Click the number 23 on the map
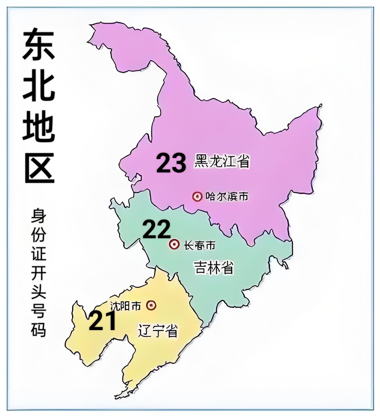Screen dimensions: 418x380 tap(171, 163)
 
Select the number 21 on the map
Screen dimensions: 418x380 tap(102, 321)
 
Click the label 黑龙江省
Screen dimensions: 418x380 tap(222, 161)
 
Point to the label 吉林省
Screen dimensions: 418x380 tap(214, 268)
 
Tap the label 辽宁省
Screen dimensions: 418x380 tap(158, 331)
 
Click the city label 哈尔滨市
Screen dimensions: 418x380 tap(227, 196)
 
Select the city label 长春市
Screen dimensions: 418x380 tap(199, 245)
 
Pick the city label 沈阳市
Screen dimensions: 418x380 tap(126, 305)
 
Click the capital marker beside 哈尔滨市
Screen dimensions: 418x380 tap(197, 196)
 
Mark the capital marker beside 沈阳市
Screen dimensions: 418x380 tap(151, 305)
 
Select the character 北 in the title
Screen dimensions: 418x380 tap(39, 84)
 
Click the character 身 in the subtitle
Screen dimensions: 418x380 tap(38, 216)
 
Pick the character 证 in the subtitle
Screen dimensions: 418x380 tap(38, 254)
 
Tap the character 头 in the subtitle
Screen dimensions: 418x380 tap(38, 292)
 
